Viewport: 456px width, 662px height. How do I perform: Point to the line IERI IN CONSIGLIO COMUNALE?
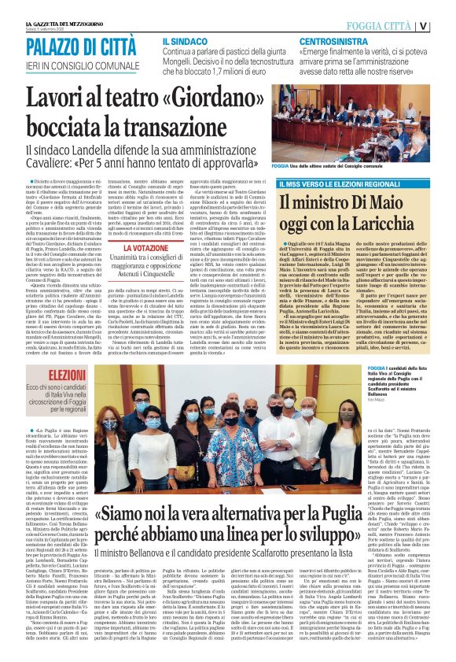tap(76, 64)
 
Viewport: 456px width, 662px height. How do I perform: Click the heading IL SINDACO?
tap(185, 40)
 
